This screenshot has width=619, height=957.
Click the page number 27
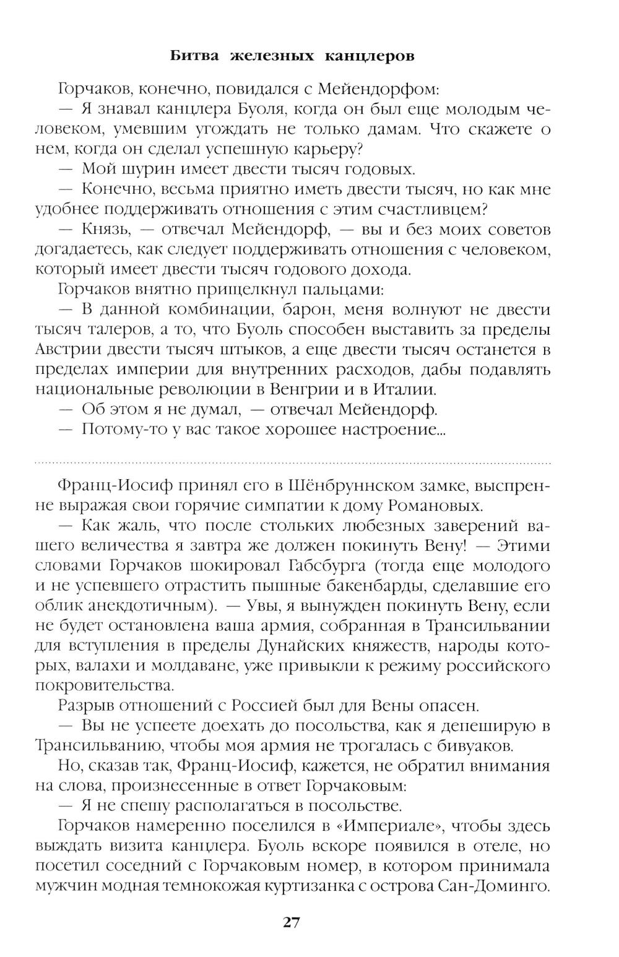tap(292, 922)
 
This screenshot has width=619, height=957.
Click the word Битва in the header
tap(194, 56)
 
